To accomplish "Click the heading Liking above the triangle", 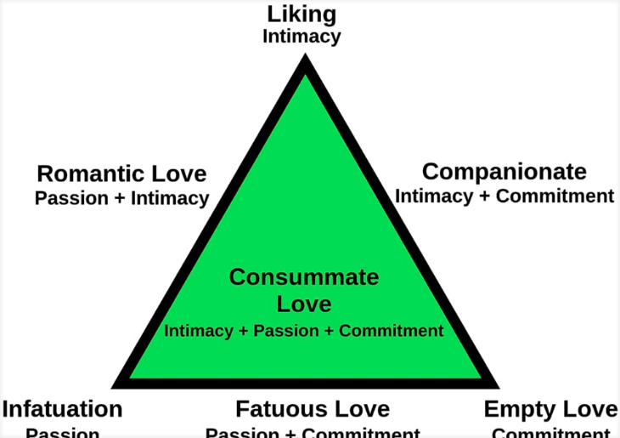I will (x=302, y=14).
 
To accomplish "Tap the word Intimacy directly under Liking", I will (x=302, y=37).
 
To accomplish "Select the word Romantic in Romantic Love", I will (x=91, y=174).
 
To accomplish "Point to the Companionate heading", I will (x=504, y=172).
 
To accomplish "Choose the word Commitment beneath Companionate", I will (x=555, y=196).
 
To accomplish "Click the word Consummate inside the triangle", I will (x=304, y=277).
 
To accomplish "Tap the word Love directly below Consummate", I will (x=304, y=303).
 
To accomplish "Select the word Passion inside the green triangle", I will (x=288, y=331).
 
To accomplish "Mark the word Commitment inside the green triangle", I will (x=391, y=331).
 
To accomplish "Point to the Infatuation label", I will (x=62, y=409).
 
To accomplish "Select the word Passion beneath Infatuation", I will (x=62, y=432).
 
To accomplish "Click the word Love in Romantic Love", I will (x=178, y=174).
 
